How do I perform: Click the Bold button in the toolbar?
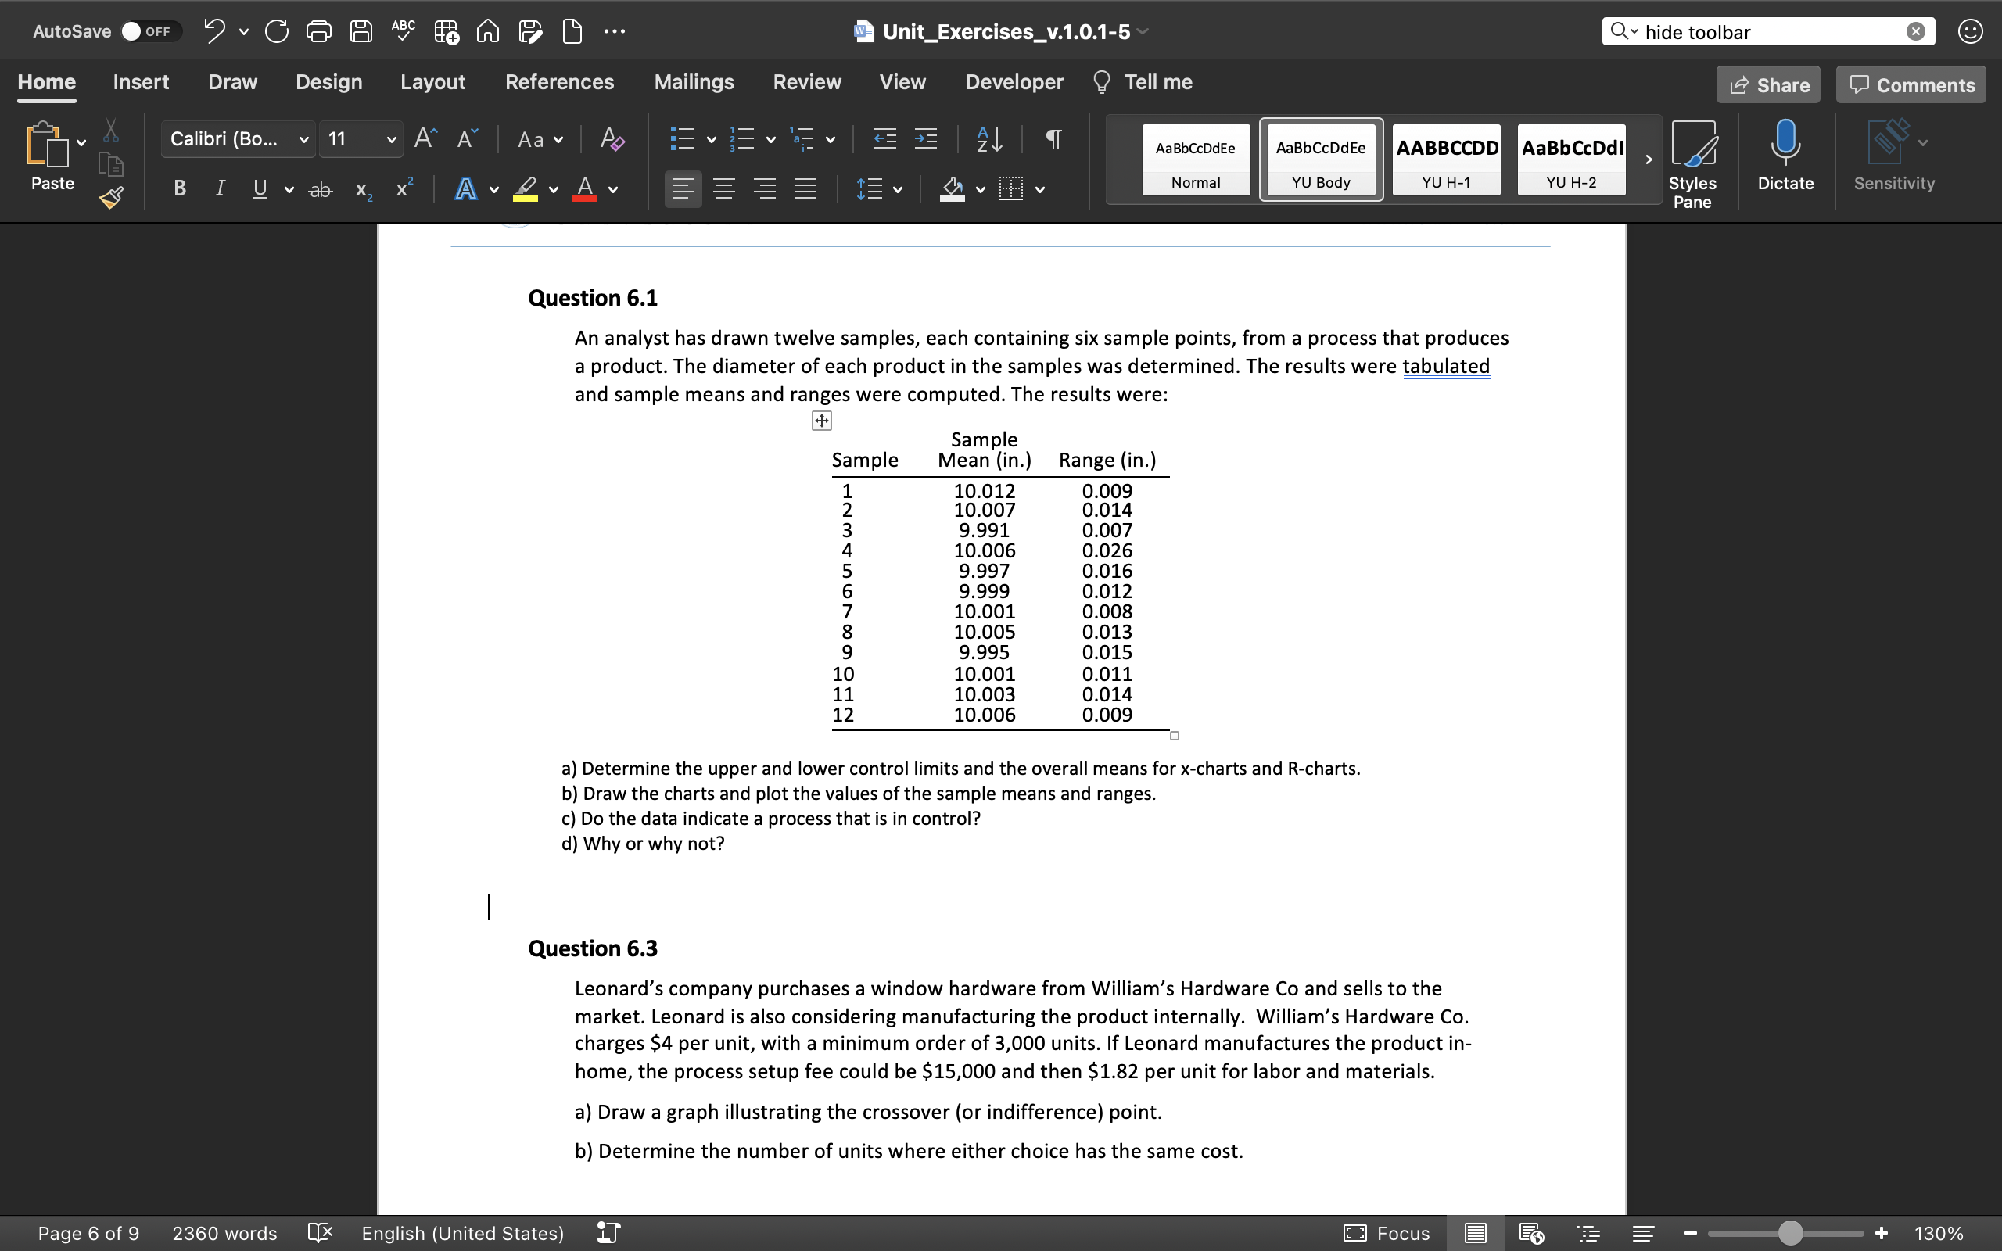tap(180, 188)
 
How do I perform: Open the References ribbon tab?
tap(559, 82)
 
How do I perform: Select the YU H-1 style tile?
tap(1446, 160)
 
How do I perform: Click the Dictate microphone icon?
tap(1785, 142)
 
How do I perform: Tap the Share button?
tap(1769, 85)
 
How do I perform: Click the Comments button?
tap(1911, 85)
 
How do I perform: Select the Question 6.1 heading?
tap(592, 298)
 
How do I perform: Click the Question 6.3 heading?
tap(592, 948)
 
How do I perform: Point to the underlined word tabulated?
tap(1445, 366)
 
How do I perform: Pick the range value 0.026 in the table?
tap(1107, 551)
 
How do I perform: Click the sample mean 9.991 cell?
tap(984, 530)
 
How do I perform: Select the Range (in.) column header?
tap(1107, 460)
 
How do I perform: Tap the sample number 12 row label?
tap(843, 715)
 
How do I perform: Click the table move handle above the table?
tap(820, 421)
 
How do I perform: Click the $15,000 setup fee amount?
tap(958, 1071)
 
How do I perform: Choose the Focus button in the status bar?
tap(1387, 1234)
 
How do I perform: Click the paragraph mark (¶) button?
tap(1053, 139)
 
